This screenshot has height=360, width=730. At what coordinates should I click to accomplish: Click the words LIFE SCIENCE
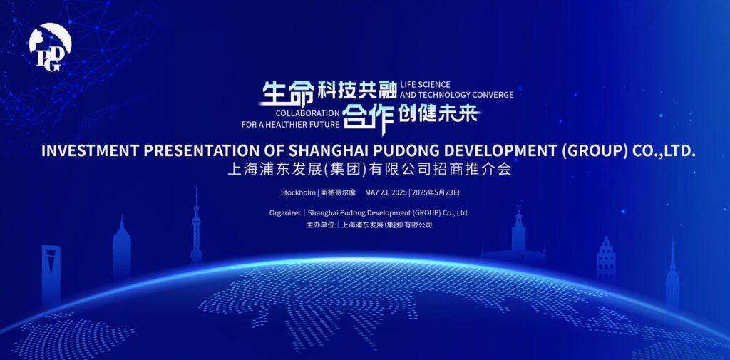(x=425, y=84)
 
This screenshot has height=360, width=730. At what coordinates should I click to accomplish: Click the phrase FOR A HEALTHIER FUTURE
(x=291, y=124)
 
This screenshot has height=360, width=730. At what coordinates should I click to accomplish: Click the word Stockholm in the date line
(x=298, y=192)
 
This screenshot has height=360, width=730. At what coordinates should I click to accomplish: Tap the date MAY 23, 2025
(x=386, y=192)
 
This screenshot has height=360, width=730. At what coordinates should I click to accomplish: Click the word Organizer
(x=285, y=213)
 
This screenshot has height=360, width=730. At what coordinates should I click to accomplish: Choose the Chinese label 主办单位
(x=320, y=225)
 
